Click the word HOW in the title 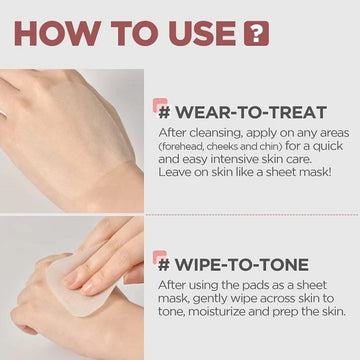50,33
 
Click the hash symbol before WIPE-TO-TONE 162,265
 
